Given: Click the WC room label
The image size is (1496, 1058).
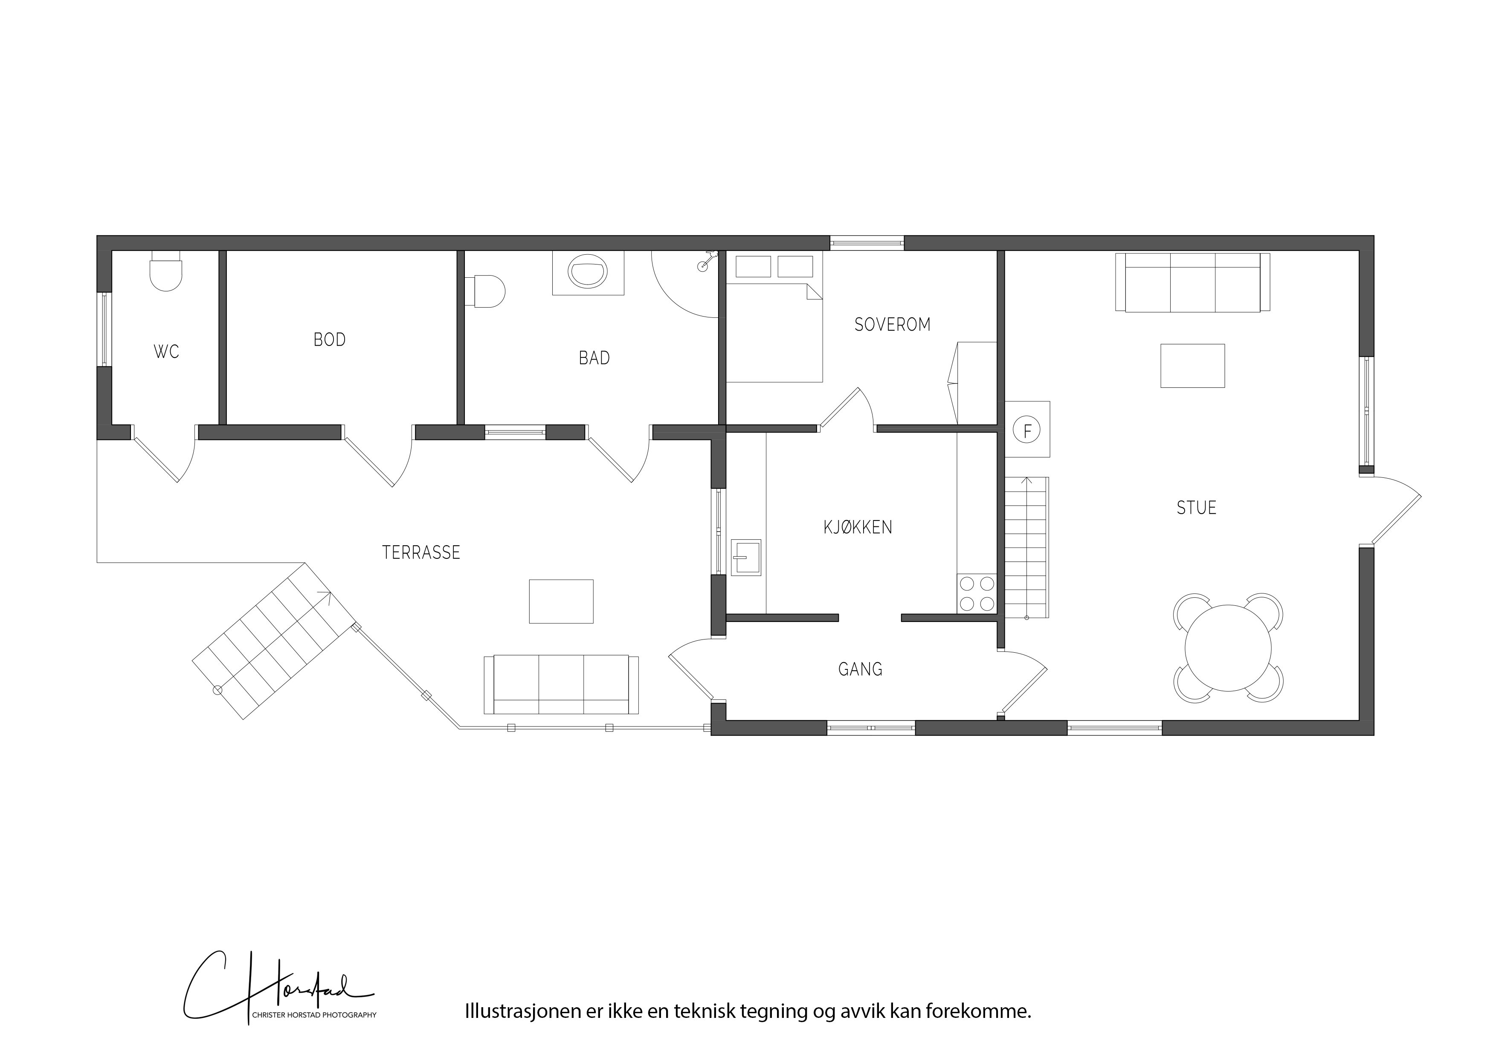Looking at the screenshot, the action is pyautogui.click(x=166, y=352).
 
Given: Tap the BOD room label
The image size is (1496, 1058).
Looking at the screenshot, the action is pyautogui.click(x=330, y=340).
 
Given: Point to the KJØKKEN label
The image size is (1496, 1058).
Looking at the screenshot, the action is pyautogui.click(x=858, y=527).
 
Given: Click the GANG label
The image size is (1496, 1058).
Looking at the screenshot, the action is pyautogui.click(x=860, y=669).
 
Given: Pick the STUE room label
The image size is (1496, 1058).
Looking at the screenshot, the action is pyautogui.click(x=1196, y=508).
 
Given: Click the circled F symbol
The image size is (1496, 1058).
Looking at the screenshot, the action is pyautogui.click(x=1027, y=430).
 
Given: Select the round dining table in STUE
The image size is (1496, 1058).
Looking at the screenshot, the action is pyautogui.click(x=1228, y=648).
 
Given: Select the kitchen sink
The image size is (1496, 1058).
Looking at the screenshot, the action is pyautogui.click(x=746, y=557).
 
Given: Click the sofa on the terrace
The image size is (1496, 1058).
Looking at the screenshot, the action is pyautogui.click(x=561, y=684).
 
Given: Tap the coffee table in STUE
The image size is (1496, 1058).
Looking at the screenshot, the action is pyautogui.click(x=1192, y=366).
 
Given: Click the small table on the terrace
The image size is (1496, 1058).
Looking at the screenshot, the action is pyautogui.click(x=561, y=601).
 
